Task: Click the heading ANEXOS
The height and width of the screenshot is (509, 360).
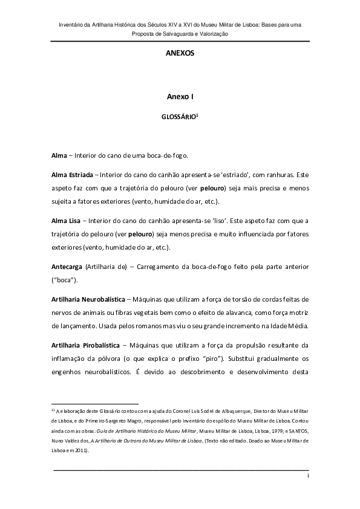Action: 180,53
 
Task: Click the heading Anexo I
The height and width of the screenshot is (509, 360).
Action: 180,97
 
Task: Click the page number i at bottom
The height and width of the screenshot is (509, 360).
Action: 308,476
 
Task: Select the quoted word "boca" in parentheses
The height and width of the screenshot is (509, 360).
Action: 63,279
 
